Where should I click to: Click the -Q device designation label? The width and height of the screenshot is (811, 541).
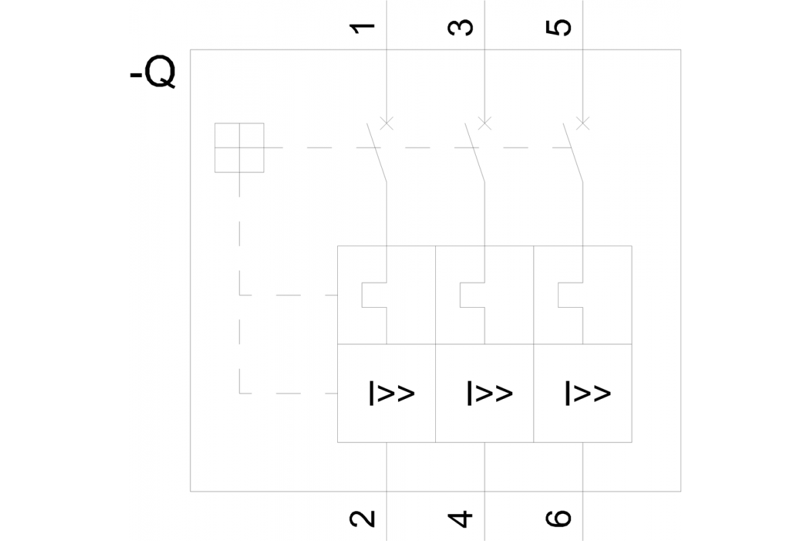coord(153,74)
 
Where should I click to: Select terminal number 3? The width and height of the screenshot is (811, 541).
coord(461,28)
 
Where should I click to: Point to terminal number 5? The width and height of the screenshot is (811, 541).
coord(560,28)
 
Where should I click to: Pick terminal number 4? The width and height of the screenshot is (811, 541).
coord(461,519)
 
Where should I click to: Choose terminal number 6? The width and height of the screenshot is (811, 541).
coord(560,519)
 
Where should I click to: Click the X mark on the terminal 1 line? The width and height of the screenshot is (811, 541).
coord(386,123)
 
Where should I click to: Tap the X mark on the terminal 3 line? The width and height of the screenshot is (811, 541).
coord(485,123)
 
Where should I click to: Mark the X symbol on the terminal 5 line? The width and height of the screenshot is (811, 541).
coord(583,123)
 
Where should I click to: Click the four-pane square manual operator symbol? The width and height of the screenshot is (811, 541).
coord(239,147)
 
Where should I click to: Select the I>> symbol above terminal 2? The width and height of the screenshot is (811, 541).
coord(392,393)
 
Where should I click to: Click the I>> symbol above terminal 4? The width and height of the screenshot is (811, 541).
coord(490,393)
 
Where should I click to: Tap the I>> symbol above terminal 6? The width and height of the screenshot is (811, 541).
coord(588,393)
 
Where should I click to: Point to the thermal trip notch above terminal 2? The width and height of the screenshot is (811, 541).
coord(374,295)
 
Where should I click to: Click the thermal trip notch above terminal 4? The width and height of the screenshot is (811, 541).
coord(472,295)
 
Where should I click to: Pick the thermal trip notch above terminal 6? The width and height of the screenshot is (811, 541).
coord(570,295)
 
